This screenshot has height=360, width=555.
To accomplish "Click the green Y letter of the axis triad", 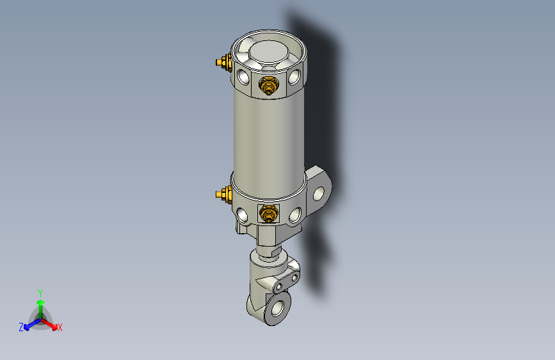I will pyautogui.click(x=40, y=292).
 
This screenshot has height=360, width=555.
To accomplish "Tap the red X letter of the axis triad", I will pyautogui.click(x=60, y=328).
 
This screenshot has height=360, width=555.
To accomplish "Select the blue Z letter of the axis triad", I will pyautogui.click(x=21, y=327).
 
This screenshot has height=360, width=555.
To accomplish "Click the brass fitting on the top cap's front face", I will pyautogui.click(x=268, y=85).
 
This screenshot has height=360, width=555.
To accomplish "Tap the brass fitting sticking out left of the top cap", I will pyautogui.click(x=223, y=63).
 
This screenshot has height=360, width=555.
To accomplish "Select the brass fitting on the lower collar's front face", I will pyautogui.click(x=268, y=214).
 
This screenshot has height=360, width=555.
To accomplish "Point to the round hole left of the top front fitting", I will pyautogui.click(x=244, y=78).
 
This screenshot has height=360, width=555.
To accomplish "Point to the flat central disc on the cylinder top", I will pyautogui.click(x=269, y=51).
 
